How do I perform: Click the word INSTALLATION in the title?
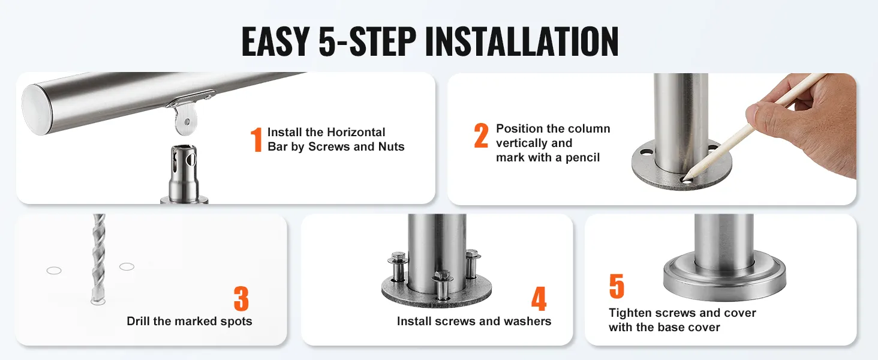click(521, 41)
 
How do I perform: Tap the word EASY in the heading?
click(275, 41)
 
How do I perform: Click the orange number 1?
click(256, 139)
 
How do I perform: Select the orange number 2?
click(482, 135)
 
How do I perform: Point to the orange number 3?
click(241, 298)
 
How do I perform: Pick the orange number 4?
click(539, 298)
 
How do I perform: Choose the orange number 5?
click(617, 286)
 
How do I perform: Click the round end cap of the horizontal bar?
click(35, 110)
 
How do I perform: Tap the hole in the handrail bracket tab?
click(187, 122)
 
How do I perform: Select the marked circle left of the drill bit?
click(54, 270)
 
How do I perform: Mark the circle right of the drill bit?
click(127, 266)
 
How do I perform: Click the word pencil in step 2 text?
click(582, 158)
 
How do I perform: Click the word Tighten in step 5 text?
click(630, 313)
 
